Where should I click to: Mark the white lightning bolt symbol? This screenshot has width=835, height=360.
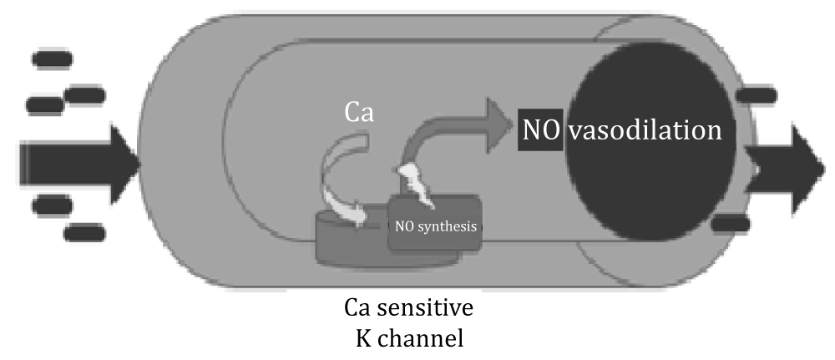(415, 184)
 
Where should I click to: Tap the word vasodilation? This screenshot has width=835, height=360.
(645, 130)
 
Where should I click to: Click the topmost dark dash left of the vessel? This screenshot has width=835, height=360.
(52, 60)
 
